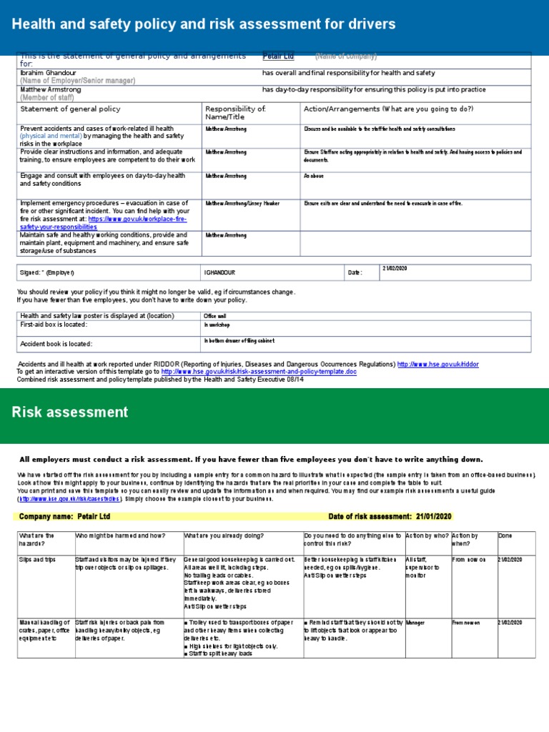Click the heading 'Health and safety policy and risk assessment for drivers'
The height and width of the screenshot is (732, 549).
(203, 25)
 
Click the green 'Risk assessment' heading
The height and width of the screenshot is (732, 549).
(70, 412)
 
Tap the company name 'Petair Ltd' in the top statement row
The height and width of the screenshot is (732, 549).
(278, 56)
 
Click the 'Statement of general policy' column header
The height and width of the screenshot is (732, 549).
(70, 109)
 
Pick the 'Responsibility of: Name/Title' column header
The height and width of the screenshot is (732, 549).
(235, 113)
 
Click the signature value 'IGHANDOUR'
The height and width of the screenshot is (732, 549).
(221, 272)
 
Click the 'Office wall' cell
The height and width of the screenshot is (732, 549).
(215, 315)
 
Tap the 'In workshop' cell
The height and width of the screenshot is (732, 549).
(217, 325)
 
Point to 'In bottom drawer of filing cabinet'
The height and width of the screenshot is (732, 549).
(239, 341)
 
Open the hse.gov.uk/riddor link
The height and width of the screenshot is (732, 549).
(437, 364)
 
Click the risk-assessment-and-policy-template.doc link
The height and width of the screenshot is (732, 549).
(258, 372)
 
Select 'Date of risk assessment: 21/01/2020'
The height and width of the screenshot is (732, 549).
(390, 517)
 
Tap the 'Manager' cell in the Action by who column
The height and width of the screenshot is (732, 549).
(415, 623)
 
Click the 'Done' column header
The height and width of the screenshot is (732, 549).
(505, 535)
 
